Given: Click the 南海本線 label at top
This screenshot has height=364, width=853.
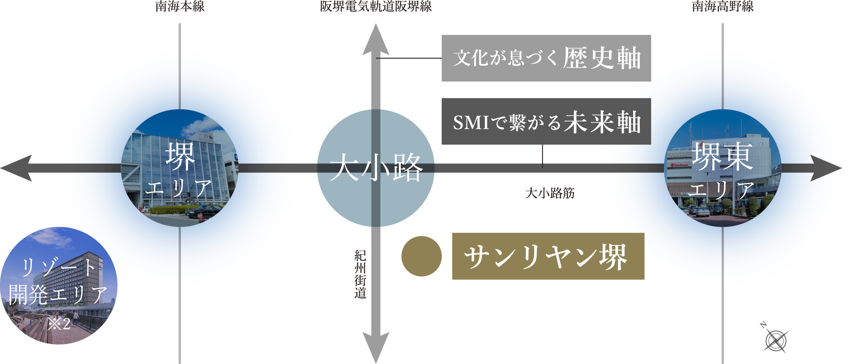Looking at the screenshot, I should (180, 7).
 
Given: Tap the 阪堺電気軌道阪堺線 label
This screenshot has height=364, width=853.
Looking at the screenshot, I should (375, 7).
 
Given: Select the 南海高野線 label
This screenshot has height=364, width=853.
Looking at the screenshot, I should (722, 7).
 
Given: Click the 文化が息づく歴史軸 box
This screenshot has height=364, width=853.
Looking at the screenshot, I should (546, 58).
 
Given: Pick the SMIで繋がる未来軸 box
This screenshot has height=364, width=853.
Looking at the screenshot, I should (546, 121).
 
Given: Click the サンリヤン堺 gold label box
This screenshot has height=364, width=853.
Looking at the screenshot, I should (548, 256).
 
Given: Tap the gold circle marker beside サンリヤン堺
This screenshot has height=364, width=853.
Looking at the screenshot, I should (421, 256).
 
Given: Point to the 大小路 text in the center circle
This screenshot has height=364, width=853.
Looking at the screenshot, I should (376, 168).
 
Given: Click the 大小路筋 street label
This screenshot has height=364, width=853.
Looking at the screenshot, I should (550, 193).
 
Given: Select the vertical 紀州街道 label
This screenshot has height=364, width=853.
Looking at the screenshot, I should (360, 274).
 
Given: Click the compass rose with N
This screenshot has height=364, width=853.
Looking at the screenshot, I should (775, 340).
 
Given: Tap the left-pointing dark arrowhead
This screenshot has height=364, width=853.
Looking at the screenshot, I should (18, 168).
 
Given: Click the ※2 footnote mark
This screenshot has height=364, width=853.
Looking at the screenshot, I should (59, 323).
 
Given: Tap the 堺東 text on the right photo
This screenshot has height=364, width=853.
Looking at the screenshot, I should (722, 156).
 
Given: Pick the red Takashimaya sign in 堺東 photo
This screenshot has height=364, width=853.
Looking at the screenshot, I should (679, 165).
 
